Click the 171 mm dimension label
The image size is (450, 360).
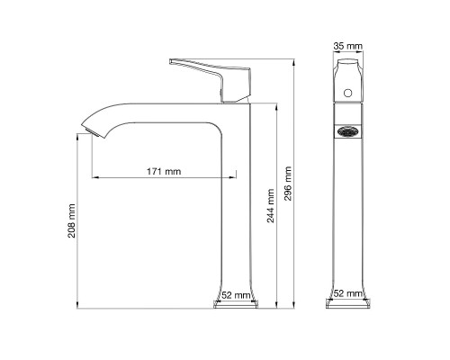[x=162, y=171]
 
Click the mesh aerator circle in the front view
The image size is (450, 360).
[x=346, y=130]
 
